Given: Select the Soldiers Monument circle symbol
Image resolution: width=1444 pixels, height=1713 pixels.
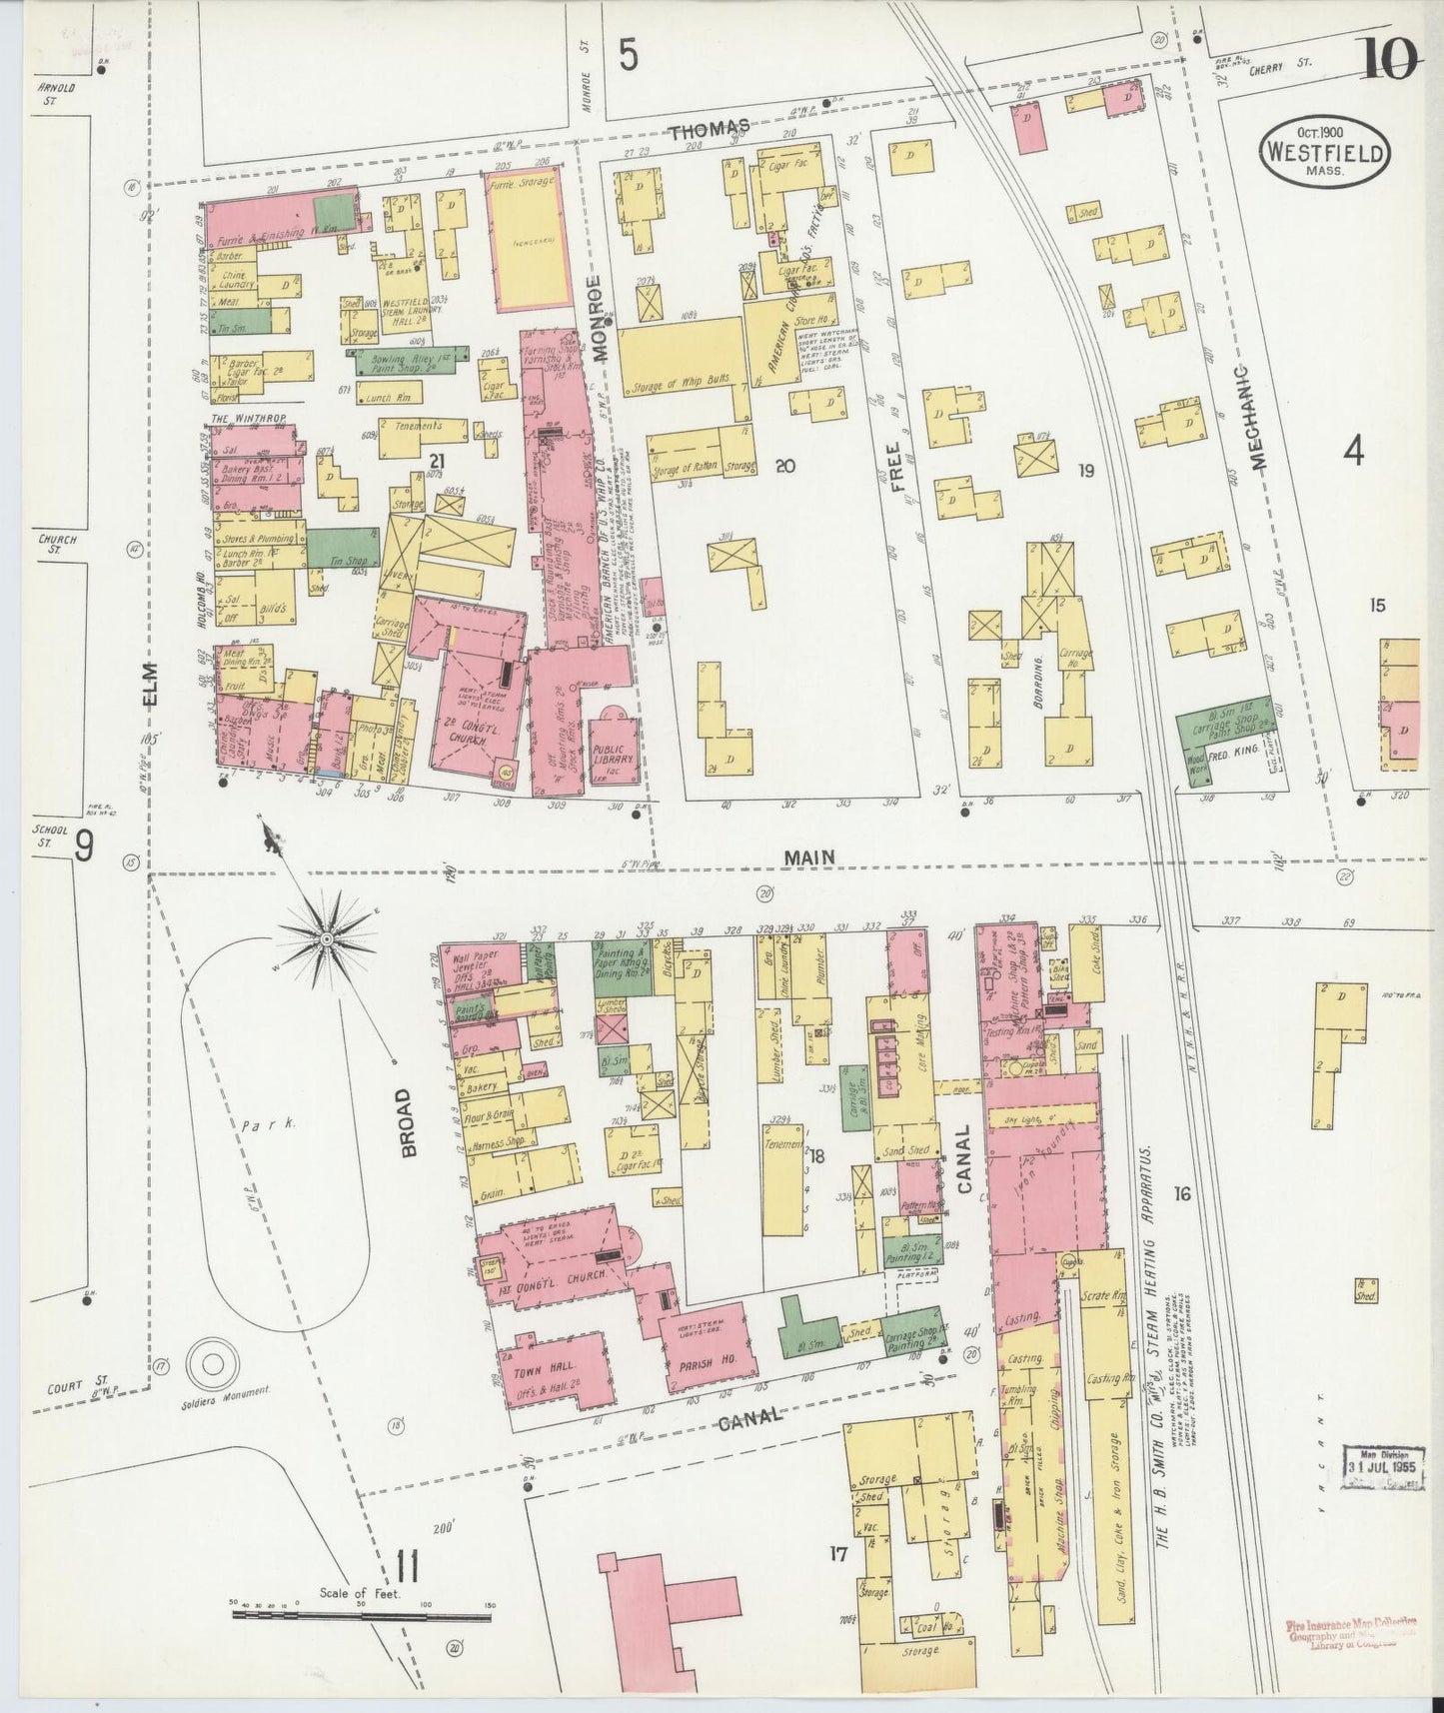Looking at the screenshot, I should tap(211, 1362).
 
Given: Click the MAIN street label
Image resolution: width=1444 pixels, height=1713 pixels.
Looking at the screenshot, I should tap(809, 856).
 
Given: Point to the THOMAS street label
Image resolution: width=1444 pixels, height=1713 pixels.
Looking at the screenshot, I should tap(710, 127).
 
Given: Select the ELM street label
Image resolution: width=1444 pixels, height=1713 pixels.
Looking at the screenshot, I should tap(151, 685).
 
